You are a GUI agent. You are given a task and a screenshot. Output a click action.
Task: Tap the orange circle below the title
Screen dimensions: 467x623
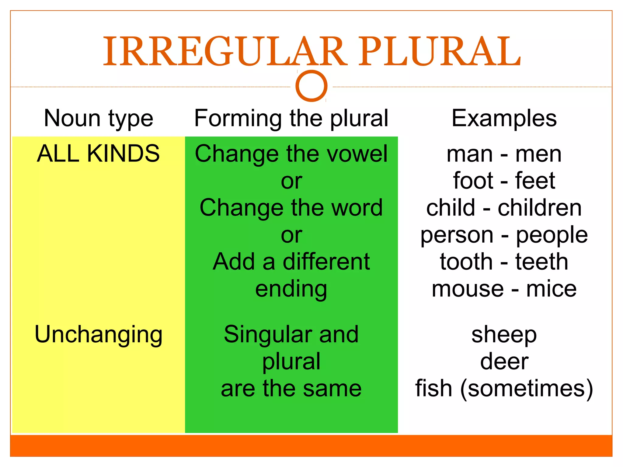tap(311, 86)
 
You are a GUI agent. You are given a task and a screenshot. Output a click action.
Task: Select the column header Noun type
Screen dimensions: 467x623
tap(99, 118)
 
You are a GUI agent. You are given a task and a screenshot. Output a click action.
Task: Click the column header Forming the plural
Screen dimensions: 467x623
tap(291, 118)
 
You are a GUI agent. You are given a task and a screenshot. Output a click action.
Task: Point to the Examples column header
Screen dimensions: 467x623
tap(504, 118)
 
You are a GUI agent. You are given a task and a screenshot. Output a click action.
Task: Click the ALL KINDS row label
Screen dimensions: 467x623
tap(98, 154)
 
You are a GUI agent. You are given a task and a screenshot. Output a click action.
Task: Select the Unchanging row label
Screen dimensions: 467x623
tap(99, 334)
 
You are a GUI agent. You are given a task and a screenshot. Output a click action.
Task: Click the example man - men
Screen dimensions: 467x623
tap(504, 154)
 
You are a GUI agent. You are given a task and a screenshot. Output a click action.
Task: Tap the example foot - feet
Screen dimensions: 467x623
tap(504, 181)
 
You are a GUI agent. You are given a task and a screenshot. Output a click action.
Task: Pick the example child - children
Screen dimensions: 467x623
tap(504, 208)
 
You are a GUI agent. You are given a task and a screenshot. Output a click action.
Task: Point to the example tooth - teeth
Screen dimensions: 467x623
tap(504, 262)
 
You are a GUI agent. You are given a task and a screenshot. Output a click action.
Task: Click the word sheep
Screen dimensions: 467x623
tap(504, 335)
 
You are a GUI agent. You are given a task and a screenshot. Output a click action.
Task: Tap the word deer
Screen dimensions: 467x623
tap(504, 361)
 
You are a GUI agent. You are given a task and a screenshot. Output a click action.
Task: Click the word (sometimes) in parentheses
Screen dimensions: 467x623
tap(527, 389)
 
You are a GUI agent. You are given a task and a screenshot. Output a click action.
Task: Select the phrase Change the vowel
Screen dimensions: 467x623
tap(291, 154)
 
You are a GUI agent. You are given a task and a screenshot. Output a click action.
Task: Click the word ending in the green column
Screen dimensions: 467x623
tap(291, 289)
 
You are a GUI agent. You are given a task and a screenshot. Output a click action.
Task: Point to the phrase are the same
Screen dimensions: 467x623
tap(291, 389)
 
